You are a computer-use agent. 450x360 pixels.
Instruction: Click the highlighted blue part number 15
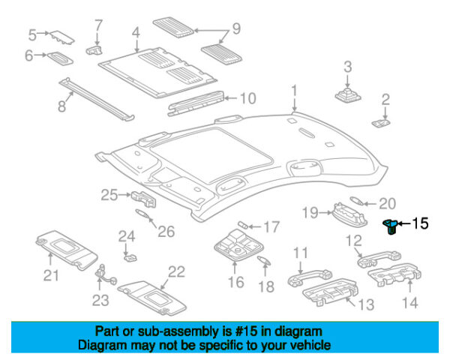point(390,225)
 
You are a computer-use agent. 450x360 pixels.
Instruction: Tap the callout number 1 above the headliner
point(295,91)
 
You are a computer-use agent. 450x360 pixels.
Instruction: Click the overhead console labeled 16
point(235,245)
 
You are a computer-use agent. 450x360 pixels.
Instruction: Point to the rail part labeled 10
point(196,100)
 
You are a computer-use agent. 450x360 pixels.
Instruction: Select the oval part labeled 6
point(59,58)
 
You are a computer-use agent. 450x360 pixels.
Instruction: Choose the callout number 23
point(100,300)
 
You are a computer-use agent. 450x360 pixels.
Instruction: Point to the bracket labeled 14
point(391,282)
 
